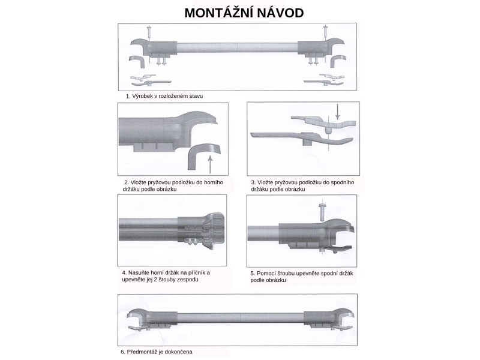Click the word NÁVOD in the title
(280, 13)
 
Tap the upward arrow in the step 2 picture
(209, 164)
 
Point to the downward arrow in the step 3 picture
(337, 112)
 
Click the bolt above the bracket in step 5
(322, 211)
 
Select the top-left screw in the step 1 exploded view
(149, 32)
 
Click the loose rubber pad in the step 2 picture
(203, 155)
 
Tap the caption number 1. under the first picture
(128, 96)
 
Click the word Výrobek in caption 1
(142, 96)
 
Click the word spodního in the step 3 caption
(342, 182)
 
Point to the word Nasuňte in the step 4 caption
(138, 273)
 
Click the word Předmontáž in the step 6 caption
(142, 352)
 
